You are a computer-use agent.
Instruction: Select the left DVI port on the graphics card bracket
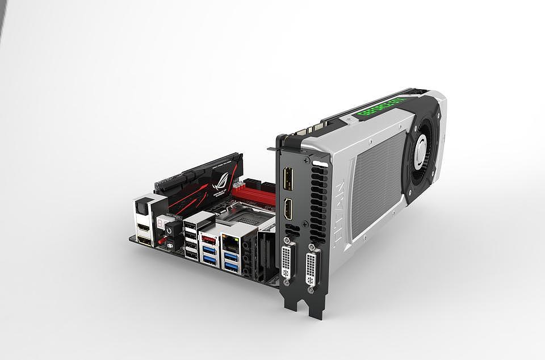288,261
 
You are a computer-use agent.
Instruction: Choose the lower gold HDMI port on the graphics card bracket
288,210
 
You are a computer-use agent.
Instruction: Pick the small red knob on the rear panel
161,241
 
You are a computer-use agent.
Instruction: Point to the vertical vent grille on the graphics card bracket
317,202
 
